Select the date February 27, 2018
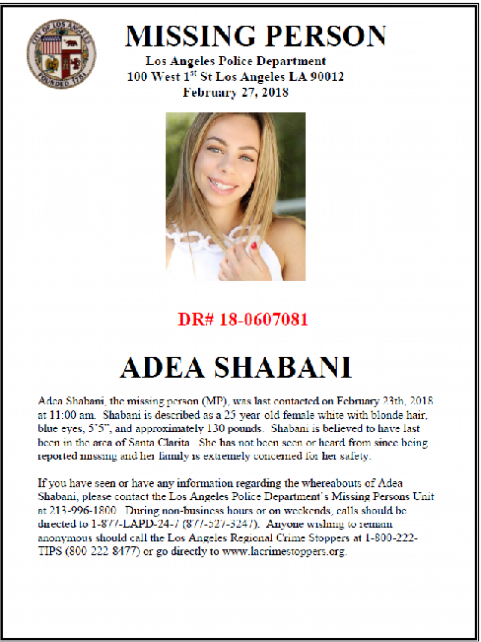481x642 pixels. click(x=236, y=92)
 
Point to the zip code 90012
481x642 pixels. click(x=327, y=76)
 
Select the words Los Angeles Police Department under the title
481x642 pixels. click(x=236, y=61)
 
